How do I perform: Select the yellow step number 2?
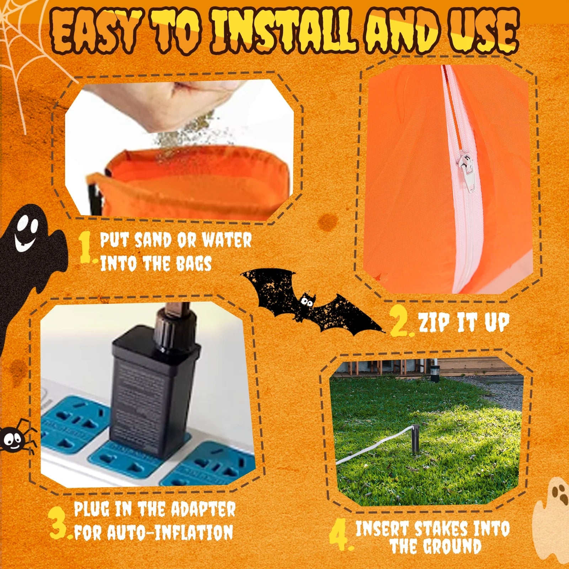400,322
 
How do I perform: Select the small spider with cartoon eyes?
14,440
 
